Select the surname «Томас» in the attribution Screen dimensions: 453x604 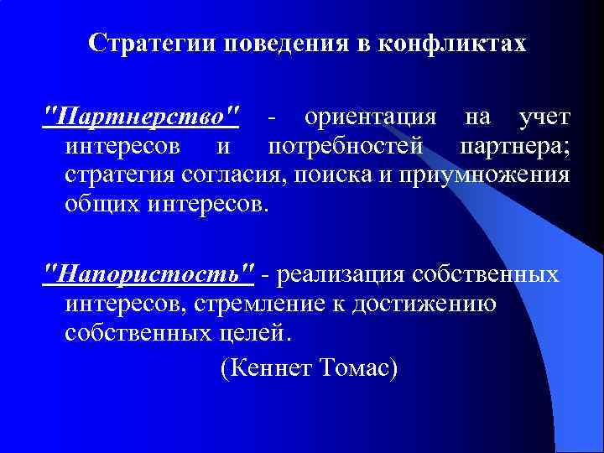pyautogui.click(x=356, y=367)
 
